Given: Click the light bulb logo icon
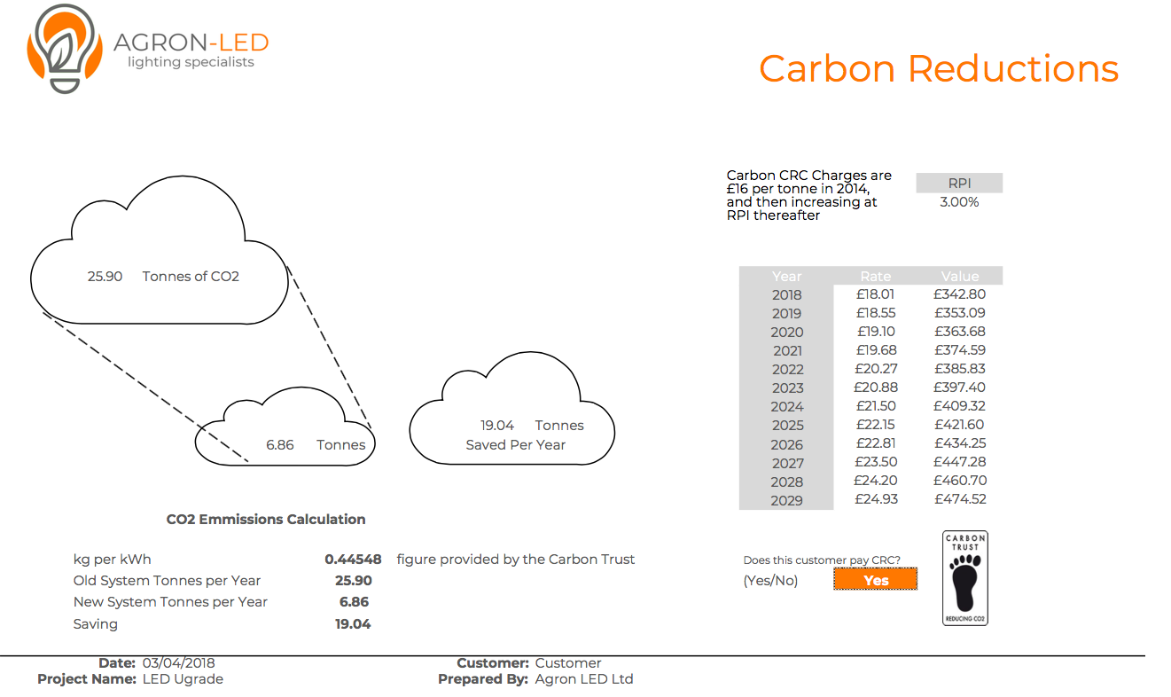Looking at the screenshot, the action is coord(65,49).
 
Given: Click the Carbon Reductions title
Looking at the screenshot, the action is coord(939,68).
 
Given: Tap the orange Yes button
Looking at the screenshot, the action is coord(875,579).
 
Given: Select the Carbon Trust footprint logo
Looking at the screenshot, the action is coord(965,578).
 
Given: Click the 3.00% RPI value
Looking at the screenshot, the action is coord(959,202).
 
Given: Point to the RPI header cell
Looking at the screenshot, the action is coord(959,183).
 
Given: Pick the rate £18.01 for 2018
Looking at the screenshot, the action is coord(875,294).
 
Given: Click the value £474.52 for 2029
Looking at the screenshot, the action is coord(960,499).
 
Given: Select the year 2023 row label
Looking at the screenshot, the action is coord(787,388).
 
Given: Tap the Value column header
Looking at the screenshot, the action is coord(960,276).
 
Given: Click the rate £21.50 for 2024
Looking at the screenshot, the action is coord(876,406).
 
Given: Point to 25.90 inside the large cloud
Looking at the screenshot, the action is coord(105,276).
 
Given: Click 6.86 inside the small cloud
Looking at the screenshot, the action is coord(280,445).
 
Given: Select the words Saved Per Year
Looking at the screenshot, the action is coord(515,445).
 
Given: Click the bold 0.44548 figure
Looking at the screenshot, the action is coord(353,560).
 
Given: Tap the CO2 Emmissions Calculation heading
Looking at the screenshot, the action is coord(266,520).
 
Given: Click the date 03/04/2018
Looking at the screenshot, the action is coord(179,663).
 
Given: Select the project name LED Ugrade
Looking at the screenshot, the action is coord(183,679).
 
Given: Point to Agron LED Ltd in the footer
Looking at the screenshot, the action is coord(584,679).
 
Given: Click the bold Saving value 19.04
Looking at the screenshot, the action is coord(353,624).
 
